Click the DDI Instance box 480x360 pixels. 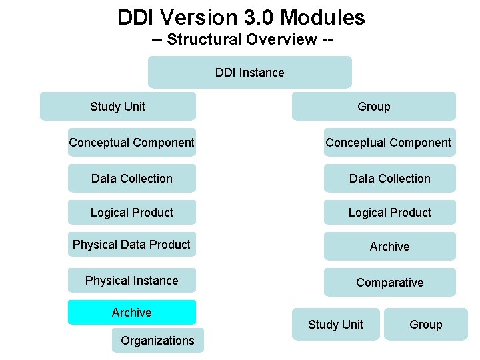tap(250, 73)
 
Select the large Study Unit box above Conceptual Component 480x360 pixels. tap(118, 107)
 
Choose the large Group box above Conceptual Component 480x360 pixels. tap(374, 107)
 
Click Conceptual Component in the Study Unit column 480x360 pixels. tap(132, 143)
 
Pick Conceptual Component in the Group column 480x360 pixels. tap(389, 143)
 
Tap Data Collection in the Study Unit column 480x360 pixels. tap(132, 179)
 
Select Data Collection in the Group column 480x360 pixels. tap(390, 179)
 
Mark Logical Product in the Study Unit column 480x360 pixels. tap(132, 213)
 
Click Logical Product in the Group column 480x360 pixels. tap(390, 213)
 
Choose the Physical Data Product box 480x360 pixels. tap(132, 245)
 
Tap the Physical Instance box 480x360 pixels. tap(132, 281)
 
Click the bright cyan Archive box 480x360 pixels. tap(132, 313)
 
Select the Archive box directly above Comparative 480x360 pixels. tap(390, 247)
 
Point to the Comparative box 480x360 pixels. tap(390, 283)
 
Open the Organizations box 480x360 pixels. tap(158, 341)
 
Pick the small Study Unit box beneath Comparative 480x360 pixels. tap(336, 325)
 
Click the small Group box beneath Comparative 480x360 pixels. tap(426, 325)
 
